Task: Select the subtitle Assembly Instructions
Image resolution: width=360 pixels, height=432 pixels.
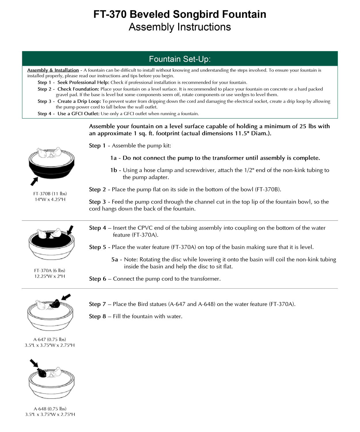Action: pos(180,27)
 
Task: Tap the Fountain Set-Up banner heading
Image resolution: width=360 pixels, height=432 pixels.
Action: pos(180,59)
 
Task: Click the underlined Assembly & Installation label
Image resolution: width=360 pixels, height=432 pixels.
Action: pos(53,70)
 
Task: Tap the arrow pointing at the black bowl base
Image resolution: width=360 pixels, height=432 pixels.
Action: pos(34,181)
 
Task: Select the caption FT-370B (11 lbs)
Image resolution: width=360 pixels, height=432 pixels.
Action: pos(50,194)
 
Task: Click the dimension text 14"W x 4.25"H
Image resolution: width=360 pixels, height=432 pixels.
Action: pos(50,199)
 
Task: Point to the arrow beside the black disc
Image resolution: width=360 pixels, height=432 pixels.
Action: pos(70,230)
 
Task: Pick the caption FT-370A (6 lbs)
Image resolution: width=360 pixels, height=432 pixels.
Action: pos(50,270)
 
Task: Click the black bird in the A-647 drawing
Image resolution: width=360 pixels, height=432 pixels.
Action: pos(55,303)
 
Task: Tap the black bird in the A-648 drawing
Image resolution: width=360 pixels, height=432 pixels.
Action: pos(42,373)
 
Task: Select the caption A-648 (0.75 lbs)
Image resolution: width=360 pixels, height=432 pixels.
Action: pos(50,409)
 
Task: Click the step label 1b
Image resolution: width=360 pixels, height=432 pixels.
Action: pos(113,170)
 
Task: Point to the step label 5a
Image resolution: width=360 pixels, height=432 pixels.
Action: pos(115,259)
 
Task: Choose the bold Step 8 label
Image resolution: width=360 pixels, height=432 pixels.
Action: pos(97,317)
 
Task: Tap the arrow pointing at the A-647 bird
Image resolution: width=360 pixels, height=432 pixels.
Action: pos(66,297)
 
